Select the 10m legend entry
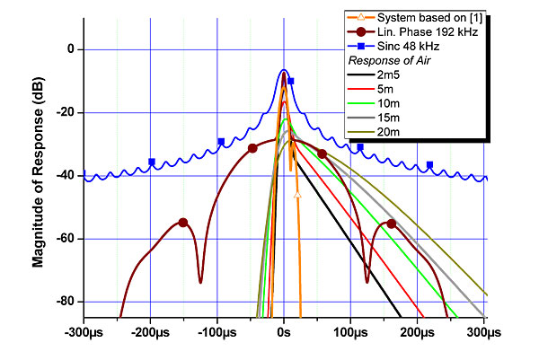391,104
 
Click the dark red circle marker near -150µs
183,223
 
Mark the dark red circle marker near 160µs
391,224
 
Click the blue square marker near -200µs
152,162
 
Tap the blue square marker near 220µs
429,165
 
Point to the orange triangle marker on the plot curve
297,194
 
